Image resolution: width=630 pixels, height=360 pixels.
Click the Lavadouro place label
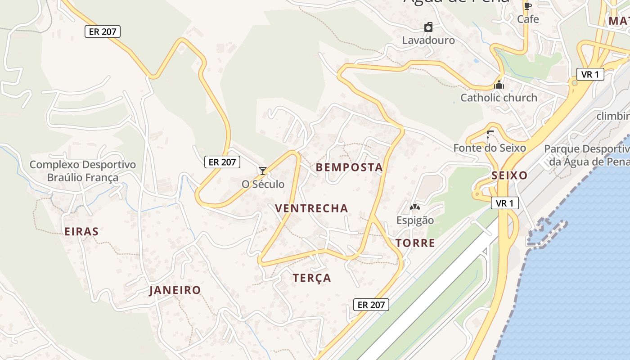428,40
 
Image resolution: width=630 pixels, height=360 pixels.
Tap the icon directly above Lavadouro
428,27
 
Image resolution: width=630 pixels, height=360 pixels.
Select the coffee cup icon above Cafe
527,6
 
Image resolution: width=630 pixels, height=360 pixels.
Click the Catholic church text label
499,98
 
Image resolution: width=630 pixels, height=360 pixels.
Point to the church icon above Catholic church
499,85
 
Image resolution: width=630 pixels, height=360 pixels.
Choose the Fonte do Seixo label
490,148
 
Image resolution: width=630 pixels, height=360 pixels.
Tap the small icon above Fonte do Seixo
490,134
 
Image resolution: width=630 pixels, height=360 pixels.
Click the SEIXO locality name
509,175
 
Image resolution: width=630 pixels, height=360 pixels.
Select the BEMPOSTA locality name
349,167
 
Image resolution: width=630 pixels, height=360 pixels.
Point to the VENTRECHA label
311,208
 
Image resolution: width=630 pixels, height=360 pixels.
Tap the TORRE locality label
415,243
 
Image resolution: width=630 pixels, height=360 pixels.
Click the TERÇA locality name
312,278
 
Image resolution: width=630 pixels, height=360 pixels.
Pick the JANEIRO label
175,290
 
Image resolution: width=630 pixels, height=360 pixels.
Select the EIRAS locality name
81,232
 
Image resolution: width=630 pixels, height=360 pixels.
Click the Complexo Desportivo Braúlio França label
83,171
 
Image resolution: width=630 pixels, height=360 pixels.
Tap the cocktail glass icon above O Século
263,171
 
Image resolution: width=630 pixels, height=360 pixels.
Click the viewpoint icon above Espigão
414,207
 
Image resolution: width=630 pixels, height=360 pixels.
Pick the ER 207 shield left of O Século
222,162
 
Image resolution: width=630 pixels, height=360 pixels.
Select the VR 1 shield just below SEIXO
504,203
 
